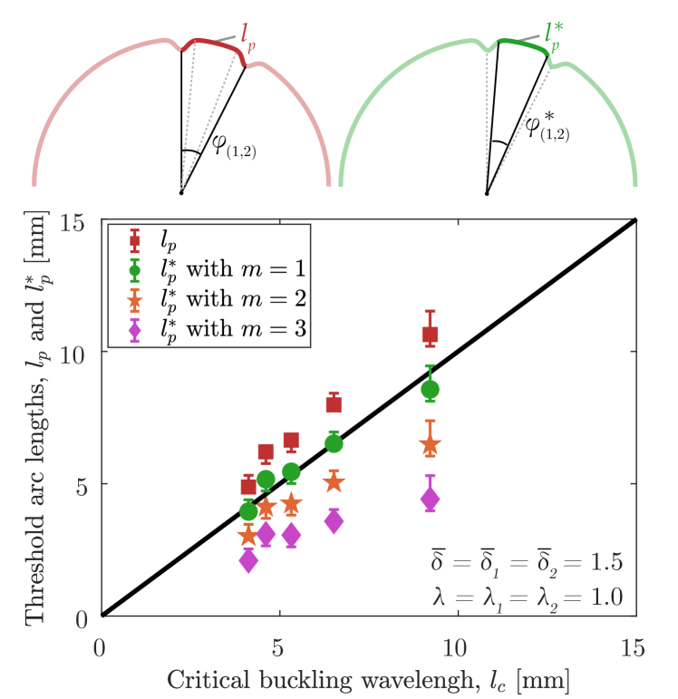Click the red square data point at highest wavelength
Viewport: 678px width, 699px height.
pyautogui.click(x=430, y=335)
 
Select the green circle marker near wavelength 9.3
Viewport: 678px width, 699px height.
pyautogui.click(x=430, y=390)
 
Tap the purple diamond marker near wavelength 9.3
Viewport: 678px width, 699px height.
pyautogui.click(x=430, y=499)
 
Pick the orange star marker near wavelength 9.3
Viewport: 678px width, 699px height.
pyautogui.click(x=430, y=446)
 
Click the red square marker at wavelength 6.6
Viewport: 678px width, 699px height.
pyautogui.click(x=334, y=405)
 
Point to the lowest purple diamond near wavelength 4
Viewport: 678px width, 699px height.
pyautogui.click(x=248, y=561)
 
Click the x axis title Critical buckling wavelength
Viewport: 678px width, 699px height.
pyautogui.click(x=367, y=680)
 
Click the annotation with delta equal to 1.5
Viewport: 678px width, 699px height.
pyautogui.click(x=527, y=562)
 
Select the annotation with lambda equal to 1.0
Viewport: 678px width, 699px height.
pyautogui.click(x=527, y=597)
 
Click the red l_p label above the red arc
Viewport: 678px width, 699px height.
pyautogui.click(x=248, y=38)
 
